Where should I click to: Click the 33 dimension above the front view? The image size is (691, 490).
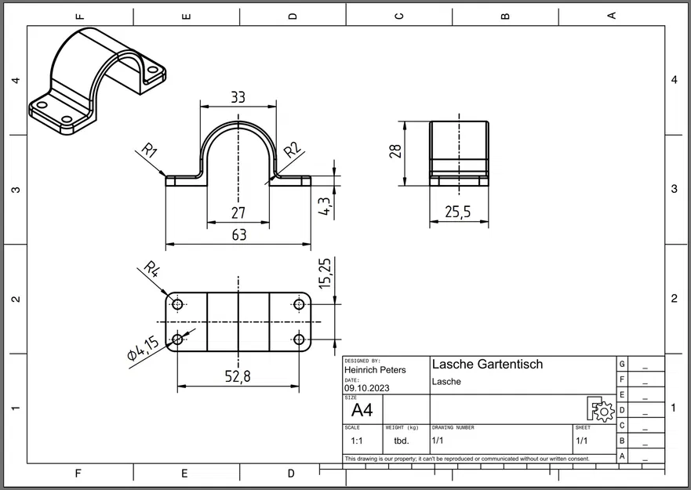coord(238,97)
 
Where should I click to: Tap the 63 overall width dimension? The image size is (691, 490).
coord(238,234)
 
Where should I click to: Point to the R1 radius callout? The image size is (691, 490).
coord(150,150)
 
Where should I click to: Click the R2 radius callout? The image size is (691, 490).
coord(292,149)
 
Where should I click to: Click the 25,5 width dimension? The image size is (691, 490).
coord(459,212)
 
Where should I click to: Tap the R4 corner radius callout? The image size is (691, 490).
coord(151,270)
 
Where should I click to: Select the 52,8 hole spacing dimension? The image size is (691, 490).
coord(238,376)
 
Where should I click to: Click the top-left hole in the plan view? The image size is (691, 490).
coord(178,304)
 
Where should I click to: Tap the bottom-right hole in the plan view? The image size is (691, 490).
coord(299,339)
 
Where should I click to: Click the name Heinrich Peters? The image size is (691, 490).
coord(375,370)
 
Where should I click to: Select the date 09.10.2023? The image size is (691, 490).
coord(366,387)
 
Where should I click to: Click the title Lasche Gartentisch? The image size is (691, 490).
coord(487,365)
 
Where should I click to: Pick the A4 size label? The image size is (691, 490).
coord(362,410)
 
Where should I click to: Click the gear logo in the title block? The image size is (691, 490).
coord(601,409)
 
